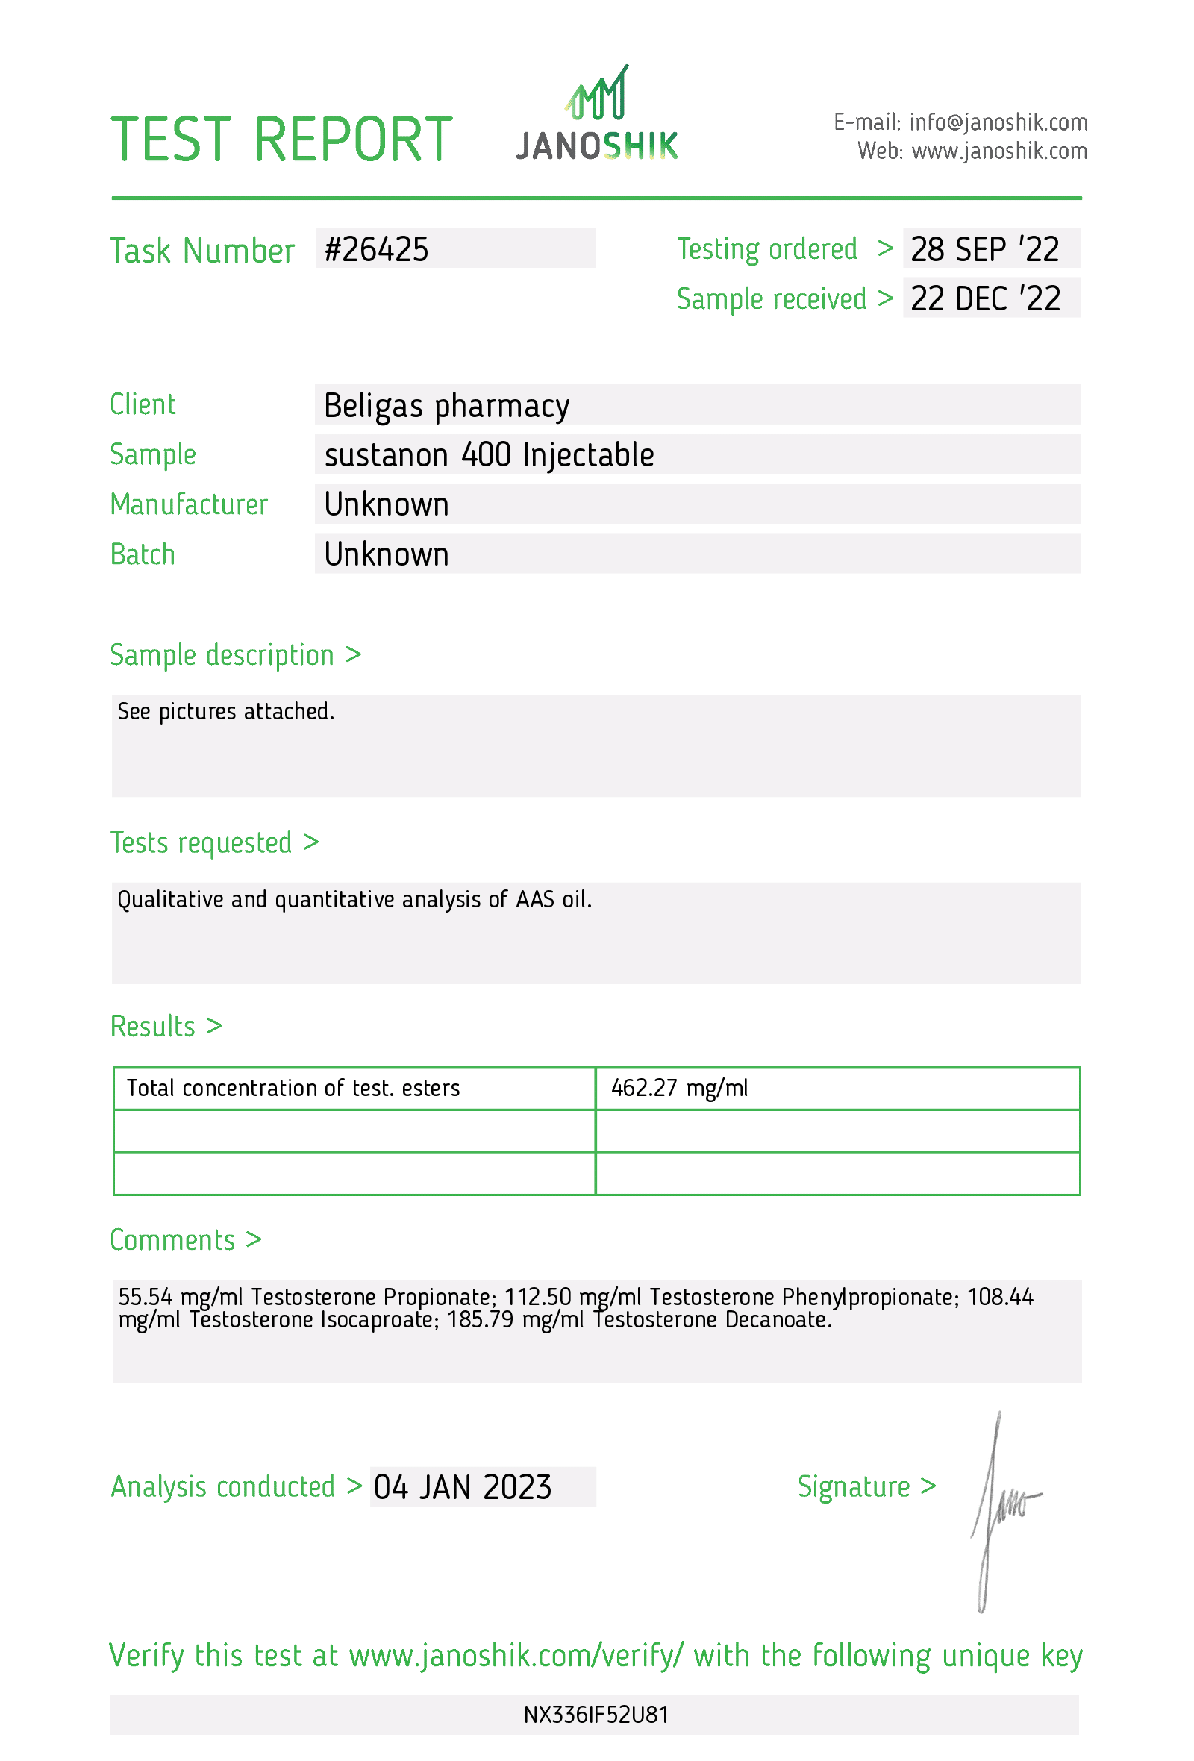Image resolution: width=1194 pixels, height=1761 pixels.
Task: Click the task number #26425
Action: click(377, 250)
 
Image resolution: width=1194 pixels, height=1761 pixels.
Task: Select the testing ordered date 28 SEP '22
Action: click(984, 250)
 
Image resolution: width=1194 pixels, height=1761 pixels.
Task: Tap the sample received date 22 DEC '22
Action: click(985, 299)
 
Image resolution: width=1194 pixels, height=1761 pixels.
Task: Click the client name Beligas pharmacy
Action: click(446, 406)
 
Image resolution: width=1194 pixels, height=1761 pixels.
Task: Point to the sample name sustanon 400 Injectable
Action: click(489, 455)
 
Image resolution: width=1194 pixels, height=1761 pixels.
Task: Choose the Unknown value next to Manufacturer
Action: click(387, 504)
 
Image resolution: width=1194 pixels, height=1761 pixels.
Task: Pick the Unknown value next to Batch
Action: click(387, 554)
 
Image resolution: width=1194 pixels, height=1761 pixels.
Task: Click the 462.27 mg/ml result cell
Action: click(679, 1088)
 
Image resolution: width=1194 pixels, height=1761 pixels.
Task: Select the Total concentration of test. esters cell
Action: click(293, 1088)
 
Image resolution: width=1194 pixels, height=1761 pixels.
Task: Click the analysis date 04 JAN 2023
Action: click(462, 1487)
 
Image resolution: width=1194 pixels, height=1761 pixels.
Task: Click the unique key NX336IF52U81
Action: click(596, 1715)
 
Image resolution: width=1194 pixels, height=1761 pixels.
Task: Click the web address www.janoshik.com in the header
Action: click(998, 151)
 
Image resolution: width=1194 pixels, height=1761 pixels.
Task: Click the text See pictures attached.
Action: click(226, 712)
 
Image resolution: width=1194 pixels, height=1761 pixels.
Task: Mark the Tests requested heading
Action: click(201, 842)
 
